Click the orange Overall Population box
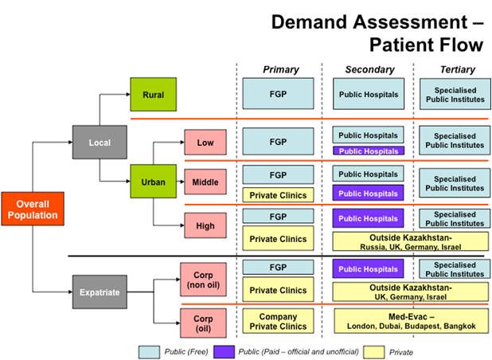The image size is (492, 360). (33, 209)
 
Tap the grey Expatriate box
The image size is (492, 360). (100, 292)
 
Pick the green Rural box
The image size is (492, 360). (154, 95)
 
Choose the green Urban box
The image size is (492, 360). (154, 182)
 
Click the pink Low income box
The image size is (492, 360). (205, 143)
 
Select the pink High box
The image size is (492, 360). (205, 226)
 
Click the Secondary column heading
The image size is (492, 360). (367, 70)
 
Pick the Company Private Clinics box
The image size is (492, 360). (278, 321)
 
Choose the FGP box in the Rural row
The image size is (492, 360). (278, 95)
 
